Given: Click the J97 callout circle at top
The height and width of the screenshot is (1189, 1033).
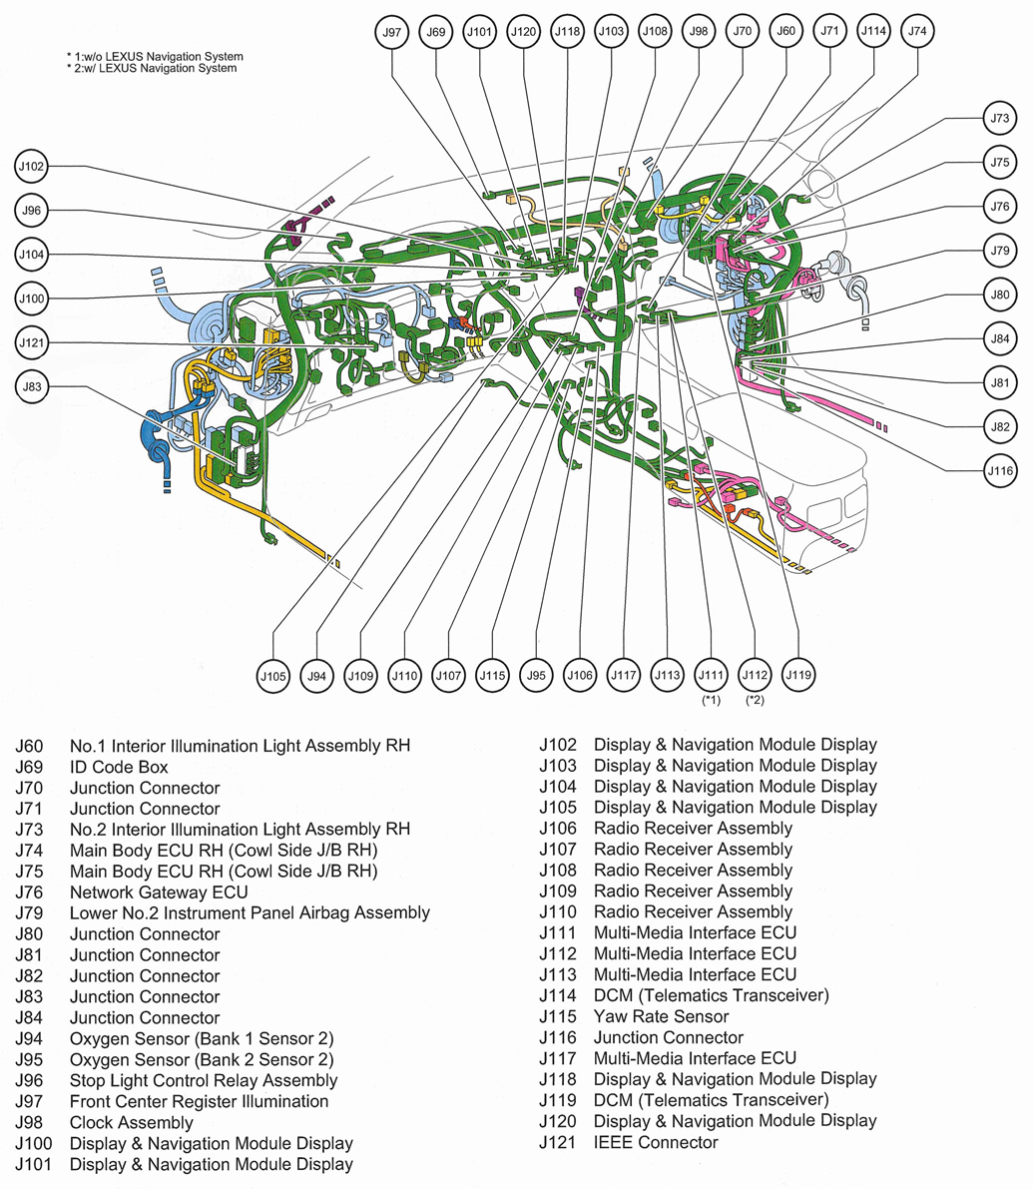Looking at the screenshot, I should [392, 32].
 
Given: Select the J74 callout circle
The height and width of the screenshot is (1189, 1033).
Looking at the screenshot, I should [917, 32].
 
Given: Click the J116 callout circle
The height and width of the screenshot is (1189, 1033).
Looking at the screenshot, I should [999, 468].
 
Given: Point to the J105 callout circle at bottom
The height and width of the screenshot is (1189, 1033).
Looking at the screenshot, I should [273, 676].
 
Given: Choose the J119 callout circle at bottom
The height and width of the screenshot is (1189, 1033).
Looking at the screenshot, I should [798, 676].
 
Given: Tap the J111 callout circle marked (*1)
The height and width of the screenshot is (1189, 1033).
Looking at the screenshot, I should [711, 676].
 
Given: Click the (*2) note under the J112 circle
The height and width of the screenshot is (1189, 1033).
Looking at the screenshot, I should [755, 701].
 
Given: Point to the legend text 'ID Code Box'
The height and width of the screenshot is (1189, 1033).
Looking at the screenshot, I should [119, 767].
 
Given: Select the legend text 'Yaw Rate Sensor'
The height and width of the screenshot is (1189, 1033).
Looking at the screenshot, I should [661, 1016].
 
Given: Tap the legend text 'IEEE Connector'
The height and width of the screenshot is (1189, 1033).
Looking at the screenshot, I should [656, 1142].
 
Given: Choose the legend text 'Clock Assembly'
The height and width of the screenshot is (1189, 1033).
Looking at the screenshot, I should [132, 1122].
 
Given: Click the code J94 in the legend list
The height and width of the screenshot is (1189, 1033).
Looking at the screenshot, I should [30, 1038].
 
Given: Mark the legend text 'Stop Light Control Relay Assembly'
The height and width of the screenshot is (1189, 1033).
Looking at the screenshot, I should [204, 1080].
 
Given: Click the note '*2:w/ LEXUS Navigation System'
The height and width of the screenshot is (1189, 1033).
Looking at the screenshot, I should [152, 68].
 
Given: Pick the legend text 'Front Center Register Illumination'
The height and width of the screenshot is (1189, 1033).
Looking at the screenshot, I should [199, 1101].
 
